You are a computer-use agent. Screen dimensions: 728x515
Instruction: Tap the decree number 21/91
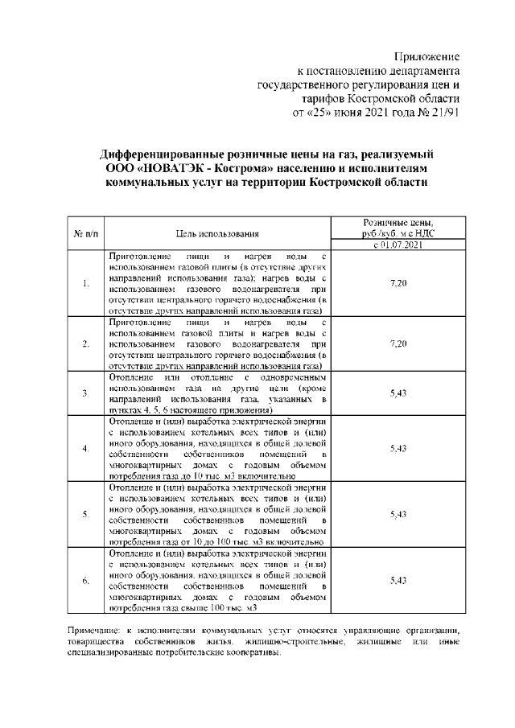(x=444, y=112)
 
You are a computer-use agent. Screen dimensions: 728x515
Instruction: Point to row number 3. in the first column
(x=85, y=393)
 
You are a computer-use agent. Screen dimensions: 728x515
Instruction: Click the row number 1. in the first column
(x=85, y=285)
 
